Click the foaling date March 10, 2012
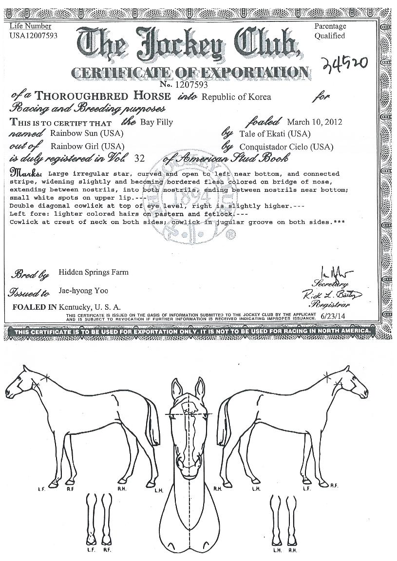pos(314,122)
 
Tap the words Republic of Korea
pos(236,97)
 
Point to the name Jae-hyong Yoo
pos(83,291)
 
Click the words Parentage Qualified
pos(330,31)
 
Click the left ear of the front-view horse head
pos(178,388)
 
